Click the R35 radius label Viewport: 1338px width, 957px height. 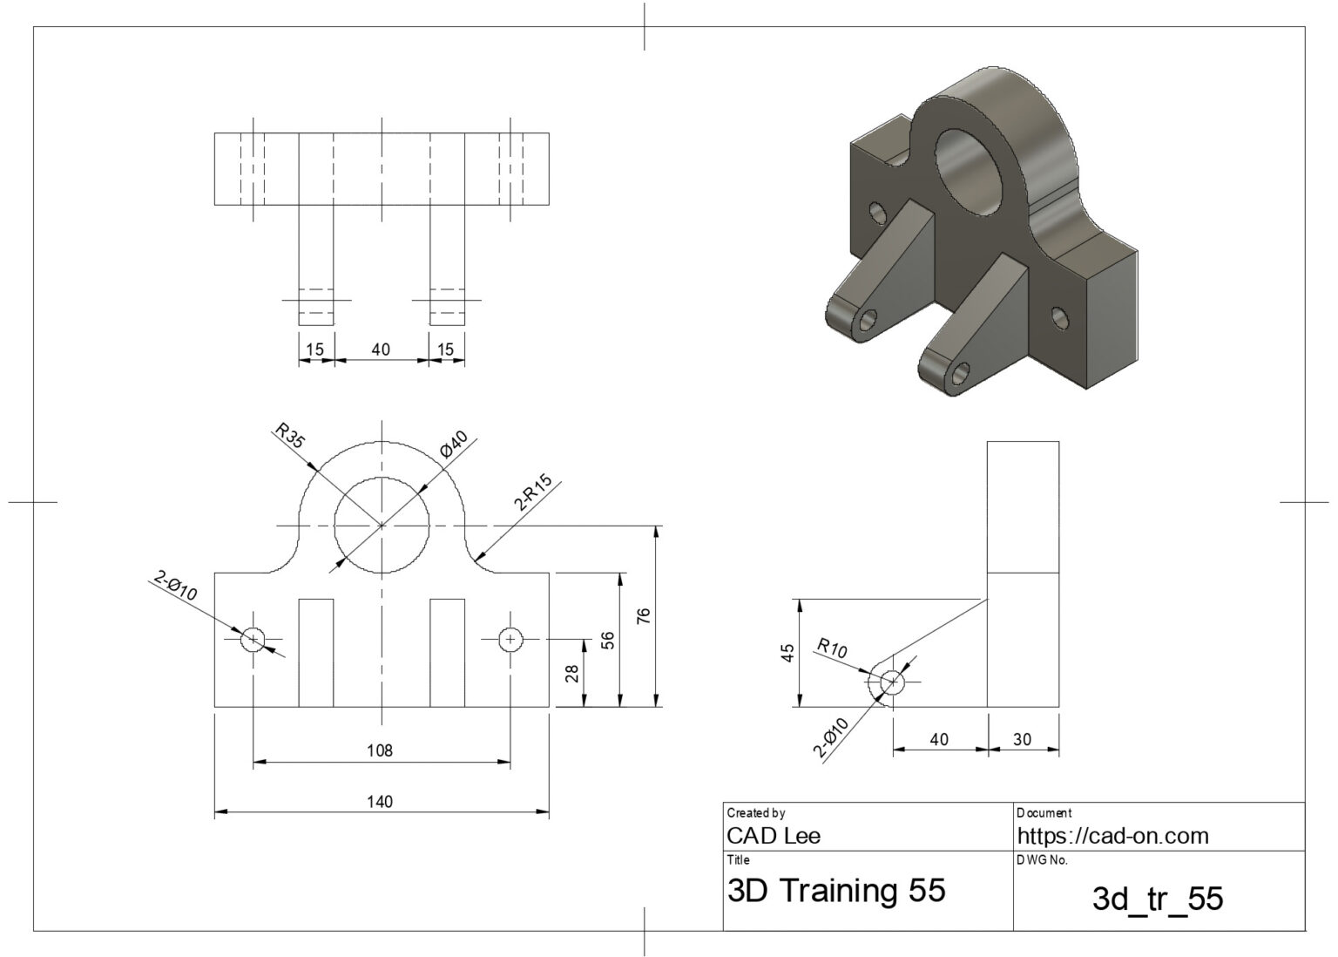click(290, 436)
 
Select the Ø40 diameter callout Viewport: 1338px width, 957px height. click(455, 445)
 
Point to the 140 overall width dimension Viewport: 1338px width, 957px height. click(380, 801)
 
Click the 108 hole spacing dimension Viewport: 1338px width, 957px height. click(380, 750)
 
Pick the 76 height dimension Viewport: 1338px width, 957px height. click(644, 616)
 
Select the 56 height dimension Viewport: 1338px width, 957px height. click(607, 641)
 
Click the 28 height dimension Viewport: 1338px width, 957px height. click(571, 674)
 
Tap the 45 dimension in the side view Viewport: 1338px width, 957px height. click(787, 653)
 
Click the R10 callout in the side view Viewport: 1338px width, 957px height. click(832, 648)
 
